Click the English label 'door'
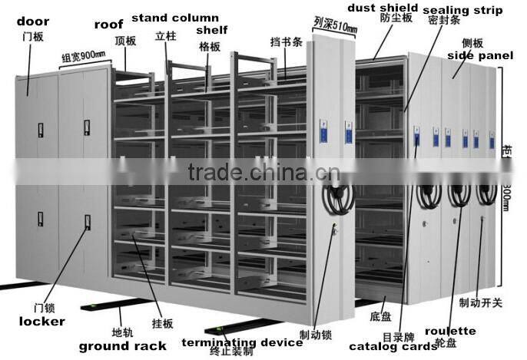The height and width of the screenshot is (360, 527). pyautogui.click(x=31, y=21)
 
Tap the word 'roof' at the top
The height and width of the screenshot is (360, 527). pyautogui.click(x=108, y=25)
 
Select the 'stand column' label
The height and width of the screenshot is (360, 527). pyautogui.click(x=174, y=17)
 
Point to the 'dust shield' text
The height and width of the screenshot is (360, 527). pyautogui.click(x=382, y=8)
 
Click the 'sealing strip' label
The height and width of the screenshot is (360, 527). pyautogui.click(x=462, y=11)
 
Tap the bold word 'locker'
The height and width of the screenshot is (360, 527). pyautogui.click(x=41, y=321)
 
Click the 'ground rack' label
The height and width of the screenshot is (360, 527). pyautogui.click(x=122, y=345)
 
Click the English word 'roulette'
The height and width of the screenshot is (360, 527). pyautogui.click(x=450, y=331)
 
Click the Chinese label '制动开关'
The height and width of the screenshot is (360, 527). pyautogui.click(x=480, y=302)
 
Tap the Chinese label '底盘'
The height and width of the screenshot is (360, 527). pyautogui.click(x=381, y=315)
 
